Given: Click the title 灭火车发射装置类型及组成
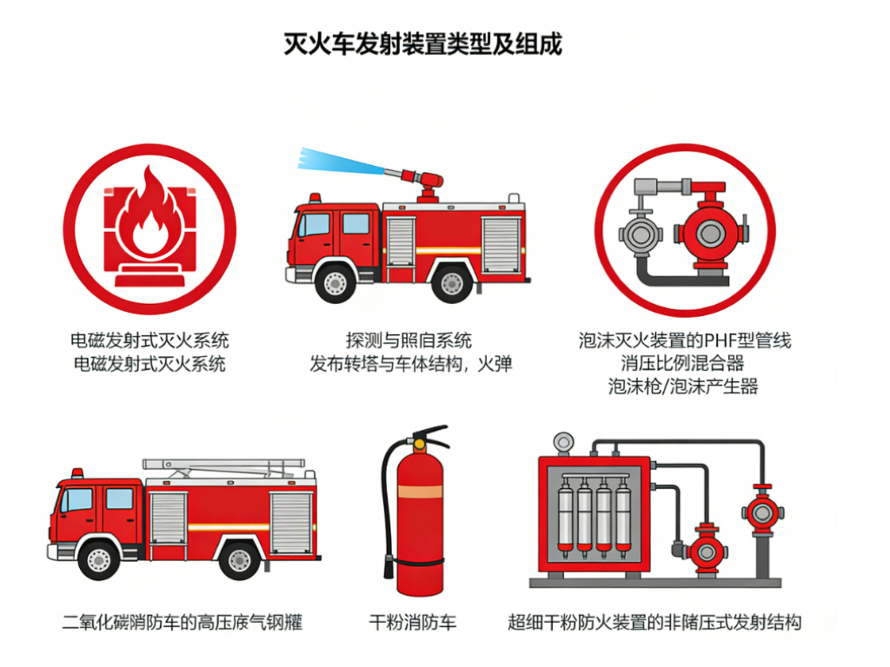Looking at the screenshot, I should [x=423, y=43].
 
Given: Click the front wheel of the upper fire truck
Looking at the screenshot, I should [x=335, y=282].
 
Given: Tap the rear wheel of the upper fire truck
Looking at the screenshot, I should [x=452, y=282].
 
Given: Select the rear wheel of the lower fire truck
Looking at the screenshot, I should [x=240, y=558].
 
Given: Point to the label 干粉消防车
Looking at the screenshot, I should [x=413, y=623].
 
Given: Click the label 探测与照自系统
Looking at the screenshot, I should [x=408, y=340].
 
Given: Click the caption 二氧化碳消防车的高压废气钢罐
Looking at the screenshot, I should [x=183, y=623].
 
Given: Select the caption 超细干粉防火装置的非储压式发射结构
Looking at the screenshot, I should [x=654, y=623].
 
